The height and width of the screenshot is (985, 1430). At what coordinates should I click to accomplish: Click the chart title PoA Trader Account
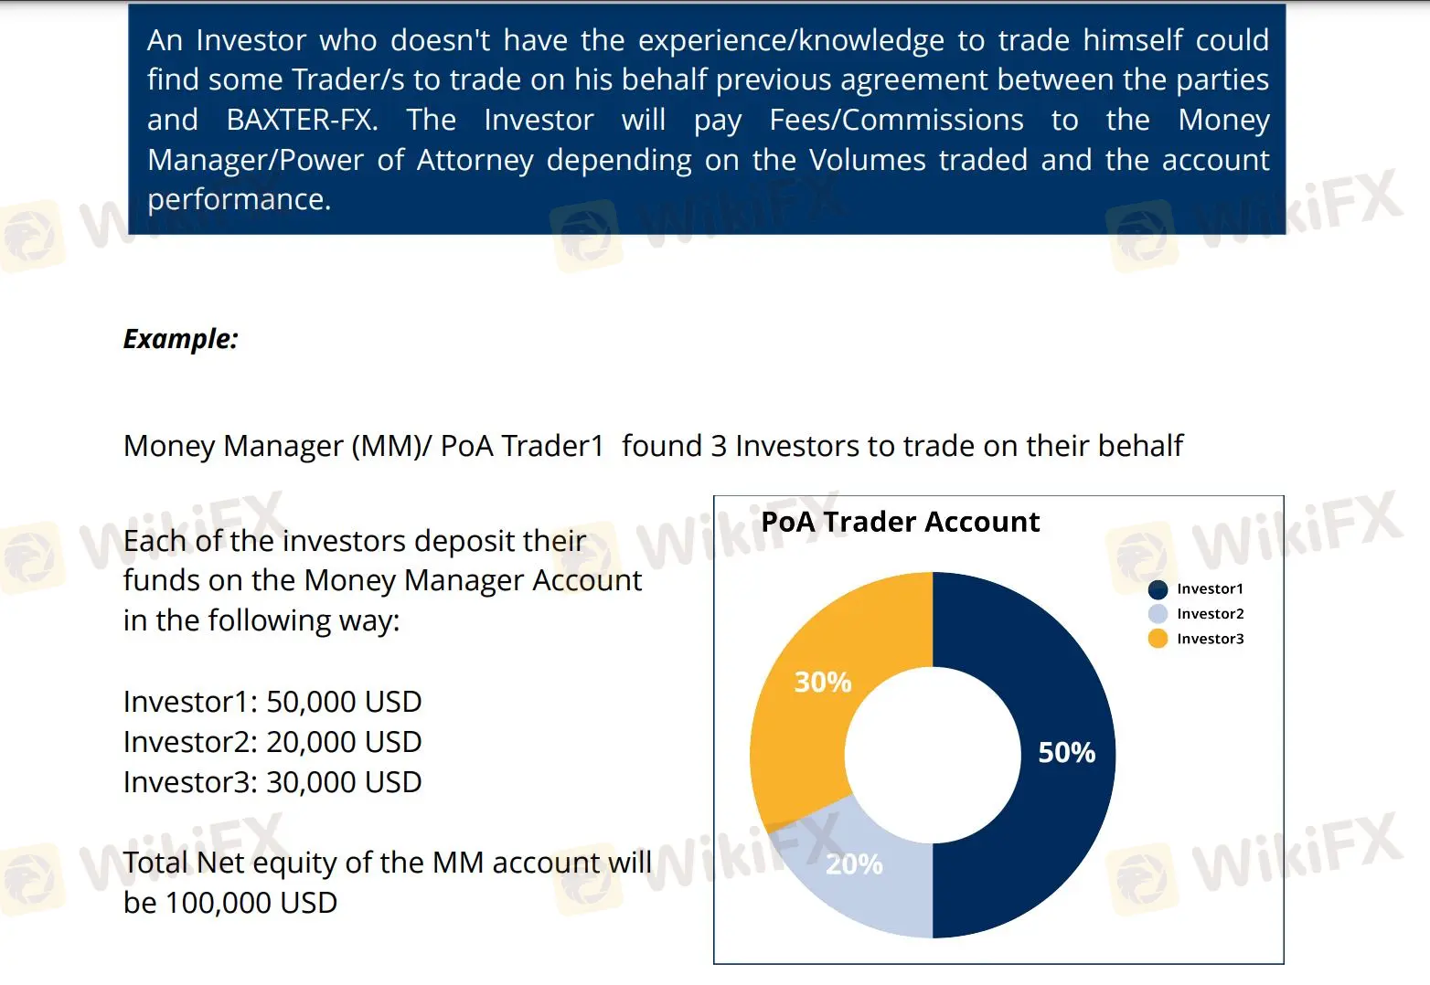tap(900, 522)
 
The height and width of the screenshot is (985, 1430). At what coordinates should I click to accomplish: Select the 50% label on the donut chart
tap(1067, 752)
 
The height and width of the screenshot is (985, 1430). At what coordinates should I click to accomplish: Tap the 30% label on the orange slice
tap(823, 682)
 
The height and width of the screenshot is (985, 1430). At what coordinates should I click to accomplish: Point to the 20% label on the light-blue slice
tap(854, 863)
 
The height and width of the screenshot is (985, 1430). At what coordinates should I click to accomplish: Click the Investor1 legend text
tap(1210, 588)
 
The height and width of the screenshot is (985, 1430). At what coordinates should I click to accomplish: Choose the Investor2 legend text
tap(1211, 614)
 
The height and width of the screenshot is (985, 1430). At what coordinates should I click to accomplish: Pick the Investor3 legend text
tap(1211, 639)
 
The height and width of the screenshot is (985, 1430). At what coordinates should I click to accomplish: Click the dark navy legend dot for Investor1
tap(1158, 589)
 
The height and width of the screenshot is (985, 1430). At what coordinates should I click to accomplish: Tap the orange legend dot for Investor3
tap(1158, 639)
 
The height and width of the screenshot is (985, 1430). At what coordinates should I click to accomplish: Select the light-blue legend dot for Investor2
tap(1158, 614)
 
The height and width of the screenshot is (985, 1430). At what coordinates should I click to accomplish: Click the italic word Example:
tap(181, 339)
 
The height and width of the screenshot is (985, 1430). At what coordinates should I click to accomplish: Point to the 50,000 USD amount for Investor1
tap(344, 702)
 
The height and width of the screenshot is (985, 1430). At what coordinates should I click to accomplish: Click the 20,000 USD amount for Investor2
tap(344, 742)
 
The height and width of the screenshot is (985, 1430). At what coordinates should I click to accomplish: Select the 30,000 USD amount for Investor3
tap(344, 782)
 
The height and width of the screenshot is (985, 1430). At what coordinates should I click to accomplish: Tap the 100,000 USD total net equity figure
tap(251, 903)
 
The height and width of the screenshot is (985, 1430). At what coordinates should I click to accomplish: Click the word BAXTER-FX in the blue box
tap(302, 120)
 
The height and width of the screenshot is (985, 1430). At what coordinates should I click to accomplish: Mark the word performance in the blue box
tap(239, 200)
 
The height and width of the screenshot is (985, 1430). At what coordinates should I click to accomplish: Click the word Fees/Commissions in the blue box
tap(896, 120)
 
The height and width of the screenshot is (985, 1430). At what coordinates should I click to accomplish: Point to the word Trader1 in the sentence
tap(552, 445)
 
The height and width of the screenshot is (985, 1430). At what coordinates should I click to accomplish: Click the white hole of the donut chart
tap(933, 756)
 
